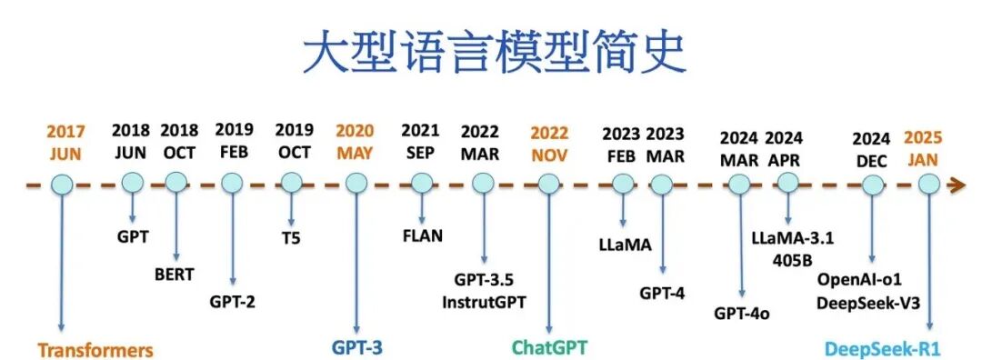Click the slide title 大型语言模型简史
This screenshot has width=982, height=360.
[x=492, y=53]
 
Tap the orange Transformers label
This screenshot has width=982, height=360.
[x=95, y=350]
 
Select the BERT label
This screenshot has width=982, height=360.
[x=174, y=274]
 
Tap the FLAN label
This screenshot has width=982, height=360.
[x=422, y=236]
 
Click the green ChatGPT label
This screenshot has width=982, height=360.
[x=549, y=347]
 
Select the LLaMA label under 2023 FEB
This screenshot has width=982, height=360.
[x=622, y=245]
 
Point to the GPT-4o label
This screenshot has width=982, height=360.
[x=742, y=314]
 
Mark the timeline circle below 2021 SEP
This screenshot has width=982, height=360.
[x=420, y=183]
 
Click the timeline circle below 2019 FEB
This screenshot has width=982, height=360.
[x=233, y=183]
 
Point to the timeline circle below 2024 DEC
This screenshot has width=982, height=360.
[x=872, y=185]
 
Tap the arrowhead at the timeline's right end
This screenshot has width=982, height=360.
[x=957, y=185]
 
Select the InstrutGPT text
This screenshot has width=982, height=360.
[x=484, y=301]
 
